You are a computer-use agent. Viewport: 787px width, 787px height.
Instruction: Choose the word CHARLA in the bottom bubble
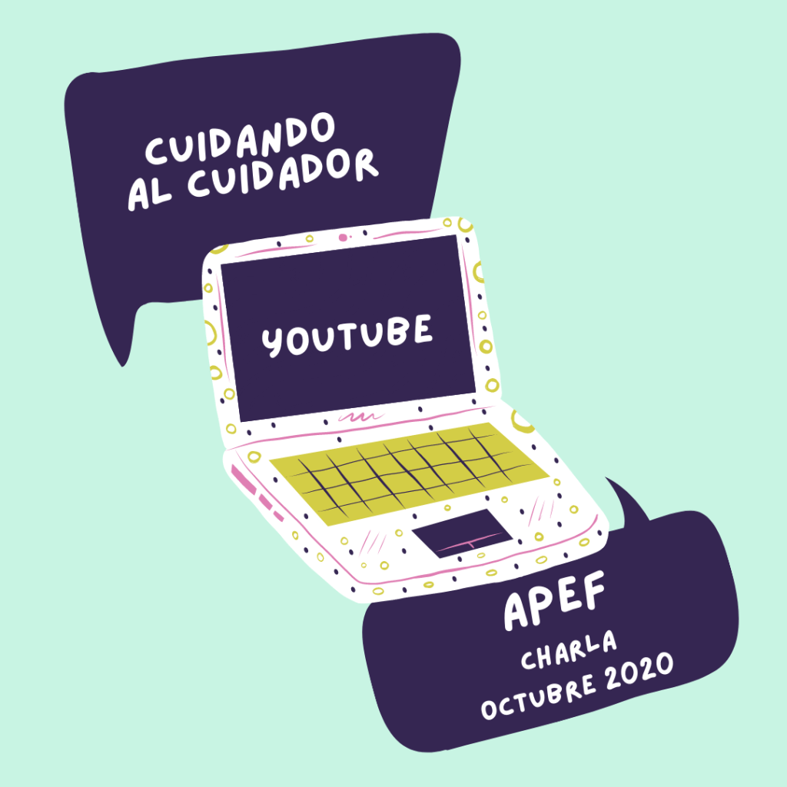[569, 649]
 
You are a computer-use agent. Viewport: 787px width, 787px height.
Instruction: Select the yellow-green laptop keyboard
[407, 470]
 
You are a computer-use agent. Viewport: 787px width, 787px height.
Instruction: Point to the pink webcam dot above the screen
[343, 237]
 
